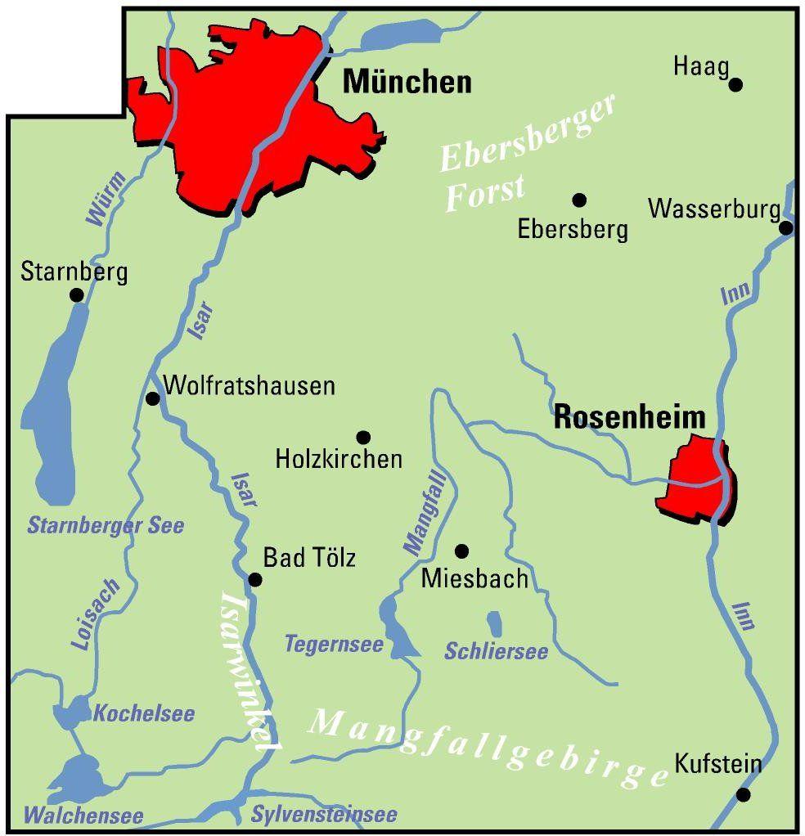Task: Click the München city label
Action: pyautogui.click(x=407, y=82)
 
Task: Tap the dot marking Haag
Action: pyautogui.click(x=735, y=83)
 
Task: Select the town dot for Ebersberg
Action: pyautogui.click(x=579, y=200)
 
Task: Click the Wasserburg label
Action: pyautogui.click(x=713, y=209)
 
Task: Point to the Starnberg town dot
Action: pyautogui.click(x=77, y=294)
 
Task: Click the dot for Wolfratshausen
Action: pyautogui.click(x=152, y=398)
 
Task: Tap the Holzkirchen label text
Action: pyautogui.click(x=339, y=459)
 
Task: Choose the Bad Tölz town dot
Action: pyautogui.click(x=255, y=579)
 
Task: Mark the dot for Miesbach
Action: pyautogui.click(x=461, y=551)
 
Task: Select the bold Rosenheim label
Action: pyautogui.click(x=629, y=418)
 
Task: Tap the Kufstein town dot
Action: pyautogui.click(x=743, y=794)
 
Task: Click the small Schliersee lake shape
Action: pyautogui.click(x=495, y=624)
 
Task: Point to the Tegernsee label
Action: pyautogui.click(x=334, y=645)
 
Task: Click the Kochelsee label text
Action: pyautogui.click(x=144, y=713)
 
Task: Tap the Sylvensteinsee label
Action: pyautogui.click(x=324, y=815)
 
